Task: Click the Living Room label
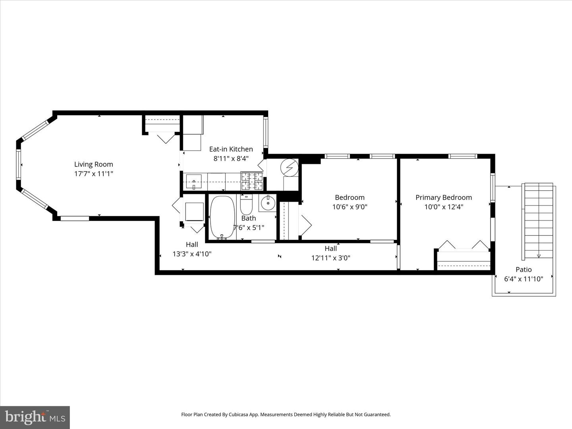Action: (93, 164)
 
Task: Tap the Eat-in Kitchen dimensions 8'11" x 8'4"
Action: (231, 158)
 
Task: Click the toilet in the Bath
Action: (246, 205)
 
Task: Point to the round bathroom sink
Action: (268, 203)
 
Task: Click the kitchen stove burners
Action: (252, 182)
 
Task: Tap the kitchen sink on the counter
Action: (194, 182)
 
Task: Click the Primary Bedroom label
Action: (443, 197)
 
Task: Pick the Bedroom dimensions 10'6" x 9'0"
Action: (350, 207)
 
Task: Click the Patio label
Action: (523, 269)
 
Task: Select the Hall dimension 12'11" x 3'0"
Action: (330, 258)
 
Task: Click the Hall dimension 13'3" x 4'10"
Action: (192, 254)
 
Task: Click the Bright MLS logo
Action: (35, 417)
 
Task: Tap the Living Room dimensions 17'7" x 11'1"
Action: (93, 174)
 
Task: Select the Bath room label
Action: (249, 218)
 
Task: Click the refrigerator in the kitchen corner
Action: (193, 133)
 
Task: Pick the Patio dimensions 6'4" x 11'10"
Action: (523, 279)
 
